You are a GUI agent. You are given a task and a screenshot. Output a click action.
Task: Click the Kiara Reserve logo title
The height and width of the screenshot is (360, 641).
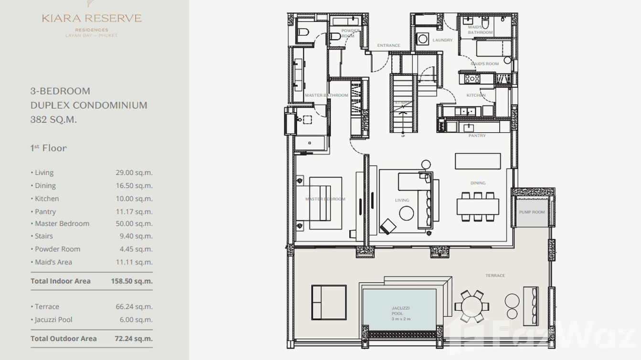[x=92, y=19]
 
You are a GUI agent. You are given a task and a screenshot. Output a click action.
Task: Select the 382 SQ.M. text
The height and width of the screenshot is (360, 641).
[x=53, y=120]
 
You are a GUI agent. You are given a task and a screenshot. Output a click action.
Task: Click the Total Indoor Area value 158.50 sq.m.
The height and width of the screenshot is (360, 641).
[x=132, y=281]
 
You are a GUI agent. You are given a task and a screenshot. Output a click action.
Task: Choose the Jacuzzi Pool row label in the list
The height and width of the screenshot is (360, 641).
[x=53, y=320]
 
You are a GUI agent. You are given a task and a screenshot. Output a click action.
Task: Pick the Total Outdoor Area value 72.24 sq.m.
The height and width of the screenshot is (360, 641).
[x=134, y=339]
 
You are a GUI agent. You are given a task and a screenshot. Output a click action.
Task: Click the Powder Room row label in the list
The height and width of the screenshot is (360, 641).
[x=57, y=249]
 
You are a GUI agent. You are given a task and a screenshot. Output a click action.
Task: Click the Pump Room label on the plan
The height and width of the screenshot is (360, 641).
[x=532, y=212]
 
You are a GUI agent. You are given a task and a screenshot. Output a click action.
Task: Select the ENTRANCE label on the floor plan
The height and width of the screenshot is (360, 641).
[x=388, y=46]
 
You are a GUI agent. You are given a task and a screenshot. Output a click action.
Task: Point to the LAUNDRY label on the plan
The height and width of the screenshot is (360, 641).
[x=442, y=40]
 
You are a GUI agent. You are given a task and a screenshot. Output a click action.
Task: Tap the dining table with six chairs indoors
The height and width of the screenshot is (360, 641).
[x=477, y=206]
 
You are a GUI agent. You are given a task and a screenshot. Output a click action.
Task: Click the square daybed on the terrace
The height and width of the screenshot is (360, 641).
[x=329, y=302]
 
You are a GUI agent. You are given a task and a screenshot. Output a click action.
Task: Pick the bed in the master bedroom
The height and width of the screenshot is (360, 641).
[x=325, y=203]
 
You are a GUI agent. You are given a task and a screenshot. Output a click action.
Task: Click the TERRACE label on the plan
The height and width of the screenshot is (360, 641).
[x=495, y=275]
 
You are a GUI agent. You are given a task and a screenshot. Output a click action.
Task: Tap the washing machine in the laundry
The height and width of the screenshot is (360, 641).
[x=423, y=39]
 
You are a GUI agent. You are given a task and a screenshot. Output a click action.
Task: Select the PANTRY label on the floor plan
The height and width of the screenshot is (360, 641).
[x=477, y=136]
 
